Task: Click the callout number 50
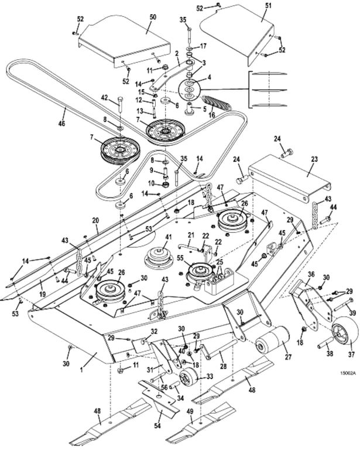(153, 17)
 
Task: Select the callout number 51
(269, 5)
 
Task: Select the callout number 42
(105, 97)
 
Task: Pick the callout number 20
(95, 220)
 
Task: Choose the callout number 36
(311, 274)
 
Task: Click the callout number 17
(203, 46)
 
